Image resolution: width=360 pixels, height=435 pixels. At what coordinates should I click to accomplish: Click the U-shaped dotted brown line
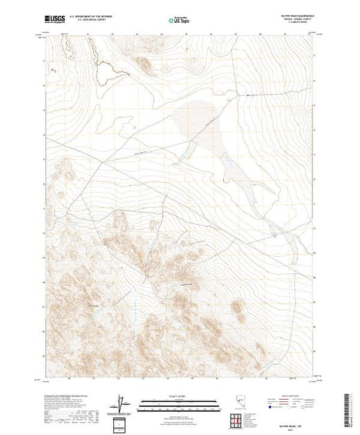click(x=104, y=72)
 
